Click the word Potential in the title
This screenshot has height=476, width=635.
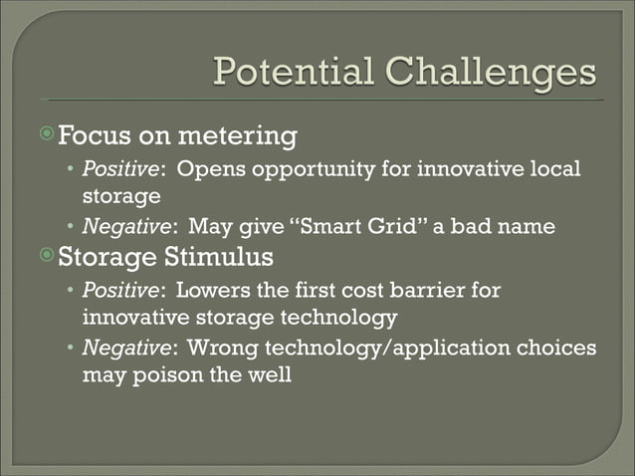290,73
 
